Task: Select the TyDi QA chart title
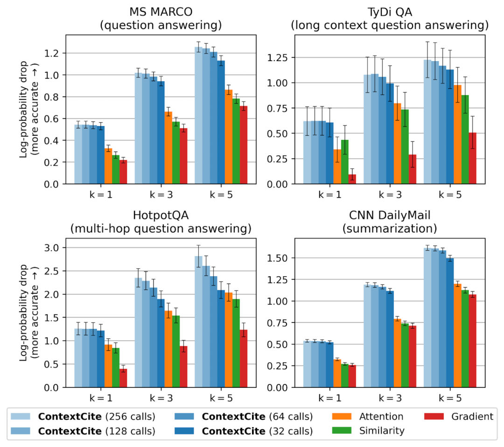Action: [x=390, y=18]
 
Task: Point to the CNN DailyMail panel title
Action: [x=390, y=222]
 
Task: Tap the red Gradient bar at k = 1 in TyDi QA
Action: [x=352, y=179]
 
